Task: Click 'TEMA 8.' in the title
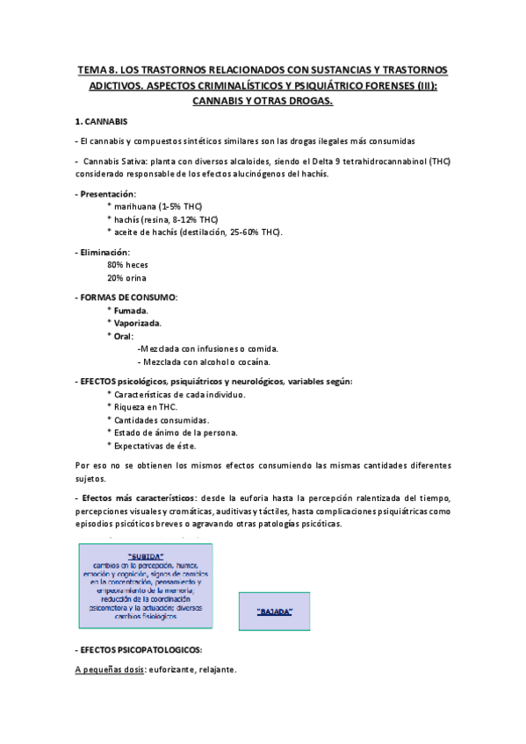(98, 69)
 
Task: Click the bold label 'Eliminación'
(109, 252)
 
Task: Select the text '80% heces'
(127, 264)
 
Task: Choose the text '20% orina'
(127, 277)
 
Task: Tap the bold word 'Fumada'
(131, 311)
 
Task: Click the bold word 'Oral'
(125, 336)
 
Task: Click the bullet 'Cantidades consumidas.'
(161, 419)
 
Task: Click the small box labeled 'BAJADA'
(275, 611)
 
